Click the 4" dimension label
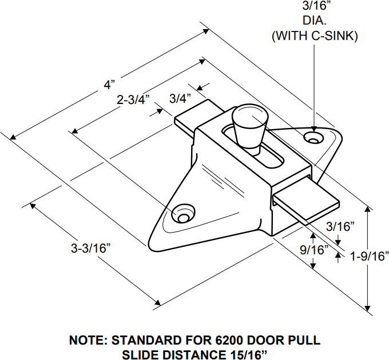pos(109,85)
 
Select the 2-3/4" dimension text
pos(133,99)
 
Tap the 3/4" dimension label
pos(180,98)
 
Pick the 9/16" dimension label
pos(312,250)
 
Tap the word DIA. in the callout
pos(315,23)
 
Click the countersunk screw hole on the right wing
pos(312,138)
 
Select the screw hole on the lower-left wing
pos(184,217)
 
